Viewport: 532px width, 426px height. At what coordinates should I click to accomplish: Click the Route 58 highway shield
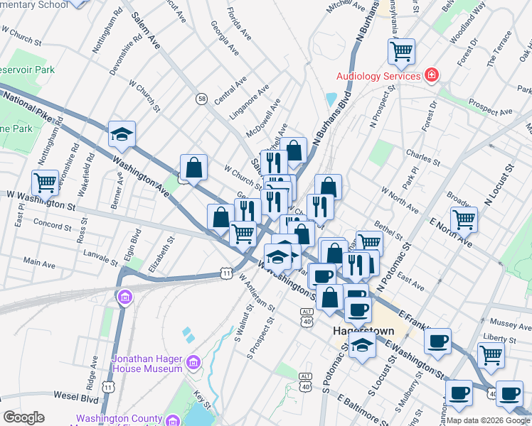pyautogui.click(x=203, y=99)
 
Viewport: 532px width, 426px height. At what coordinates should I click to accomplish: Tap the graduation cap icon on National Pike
pyautogui.click(x=122, y=133)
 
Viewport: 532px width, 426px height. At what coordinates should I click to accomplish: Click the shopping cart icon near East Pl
pyautogui.click(x=45, y=182)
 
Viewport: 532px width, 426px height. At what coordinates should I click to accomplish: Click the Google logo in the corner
pyautogui.click(x=23, y=417)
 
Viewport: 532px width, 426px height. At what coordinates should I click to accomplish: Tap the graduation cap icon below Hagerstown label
pyautogui.click(x=363, y=346)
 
